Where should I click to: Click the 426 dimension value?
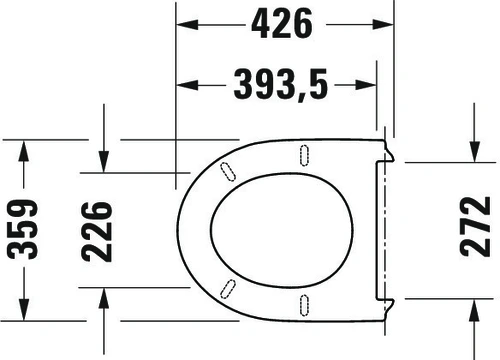click(282, 24)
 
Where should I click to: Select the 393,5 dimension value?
click(281, 85)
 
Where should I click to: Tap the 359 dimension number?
click(22, 229)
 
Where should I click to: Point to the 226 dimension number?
click(97, 231)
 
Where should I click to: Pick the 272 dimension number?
click(475, 227)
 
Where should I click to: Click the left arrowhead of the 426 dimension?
click(187, 24)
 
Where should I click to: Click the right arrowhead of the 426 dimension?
click(383, 24)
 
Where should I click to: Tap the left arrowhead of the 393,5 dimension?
click(187, 85)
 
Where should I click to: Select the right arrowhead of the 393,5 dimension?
click(366, 85)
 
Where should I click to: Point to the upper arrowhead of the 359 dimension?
click(24, 151)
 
